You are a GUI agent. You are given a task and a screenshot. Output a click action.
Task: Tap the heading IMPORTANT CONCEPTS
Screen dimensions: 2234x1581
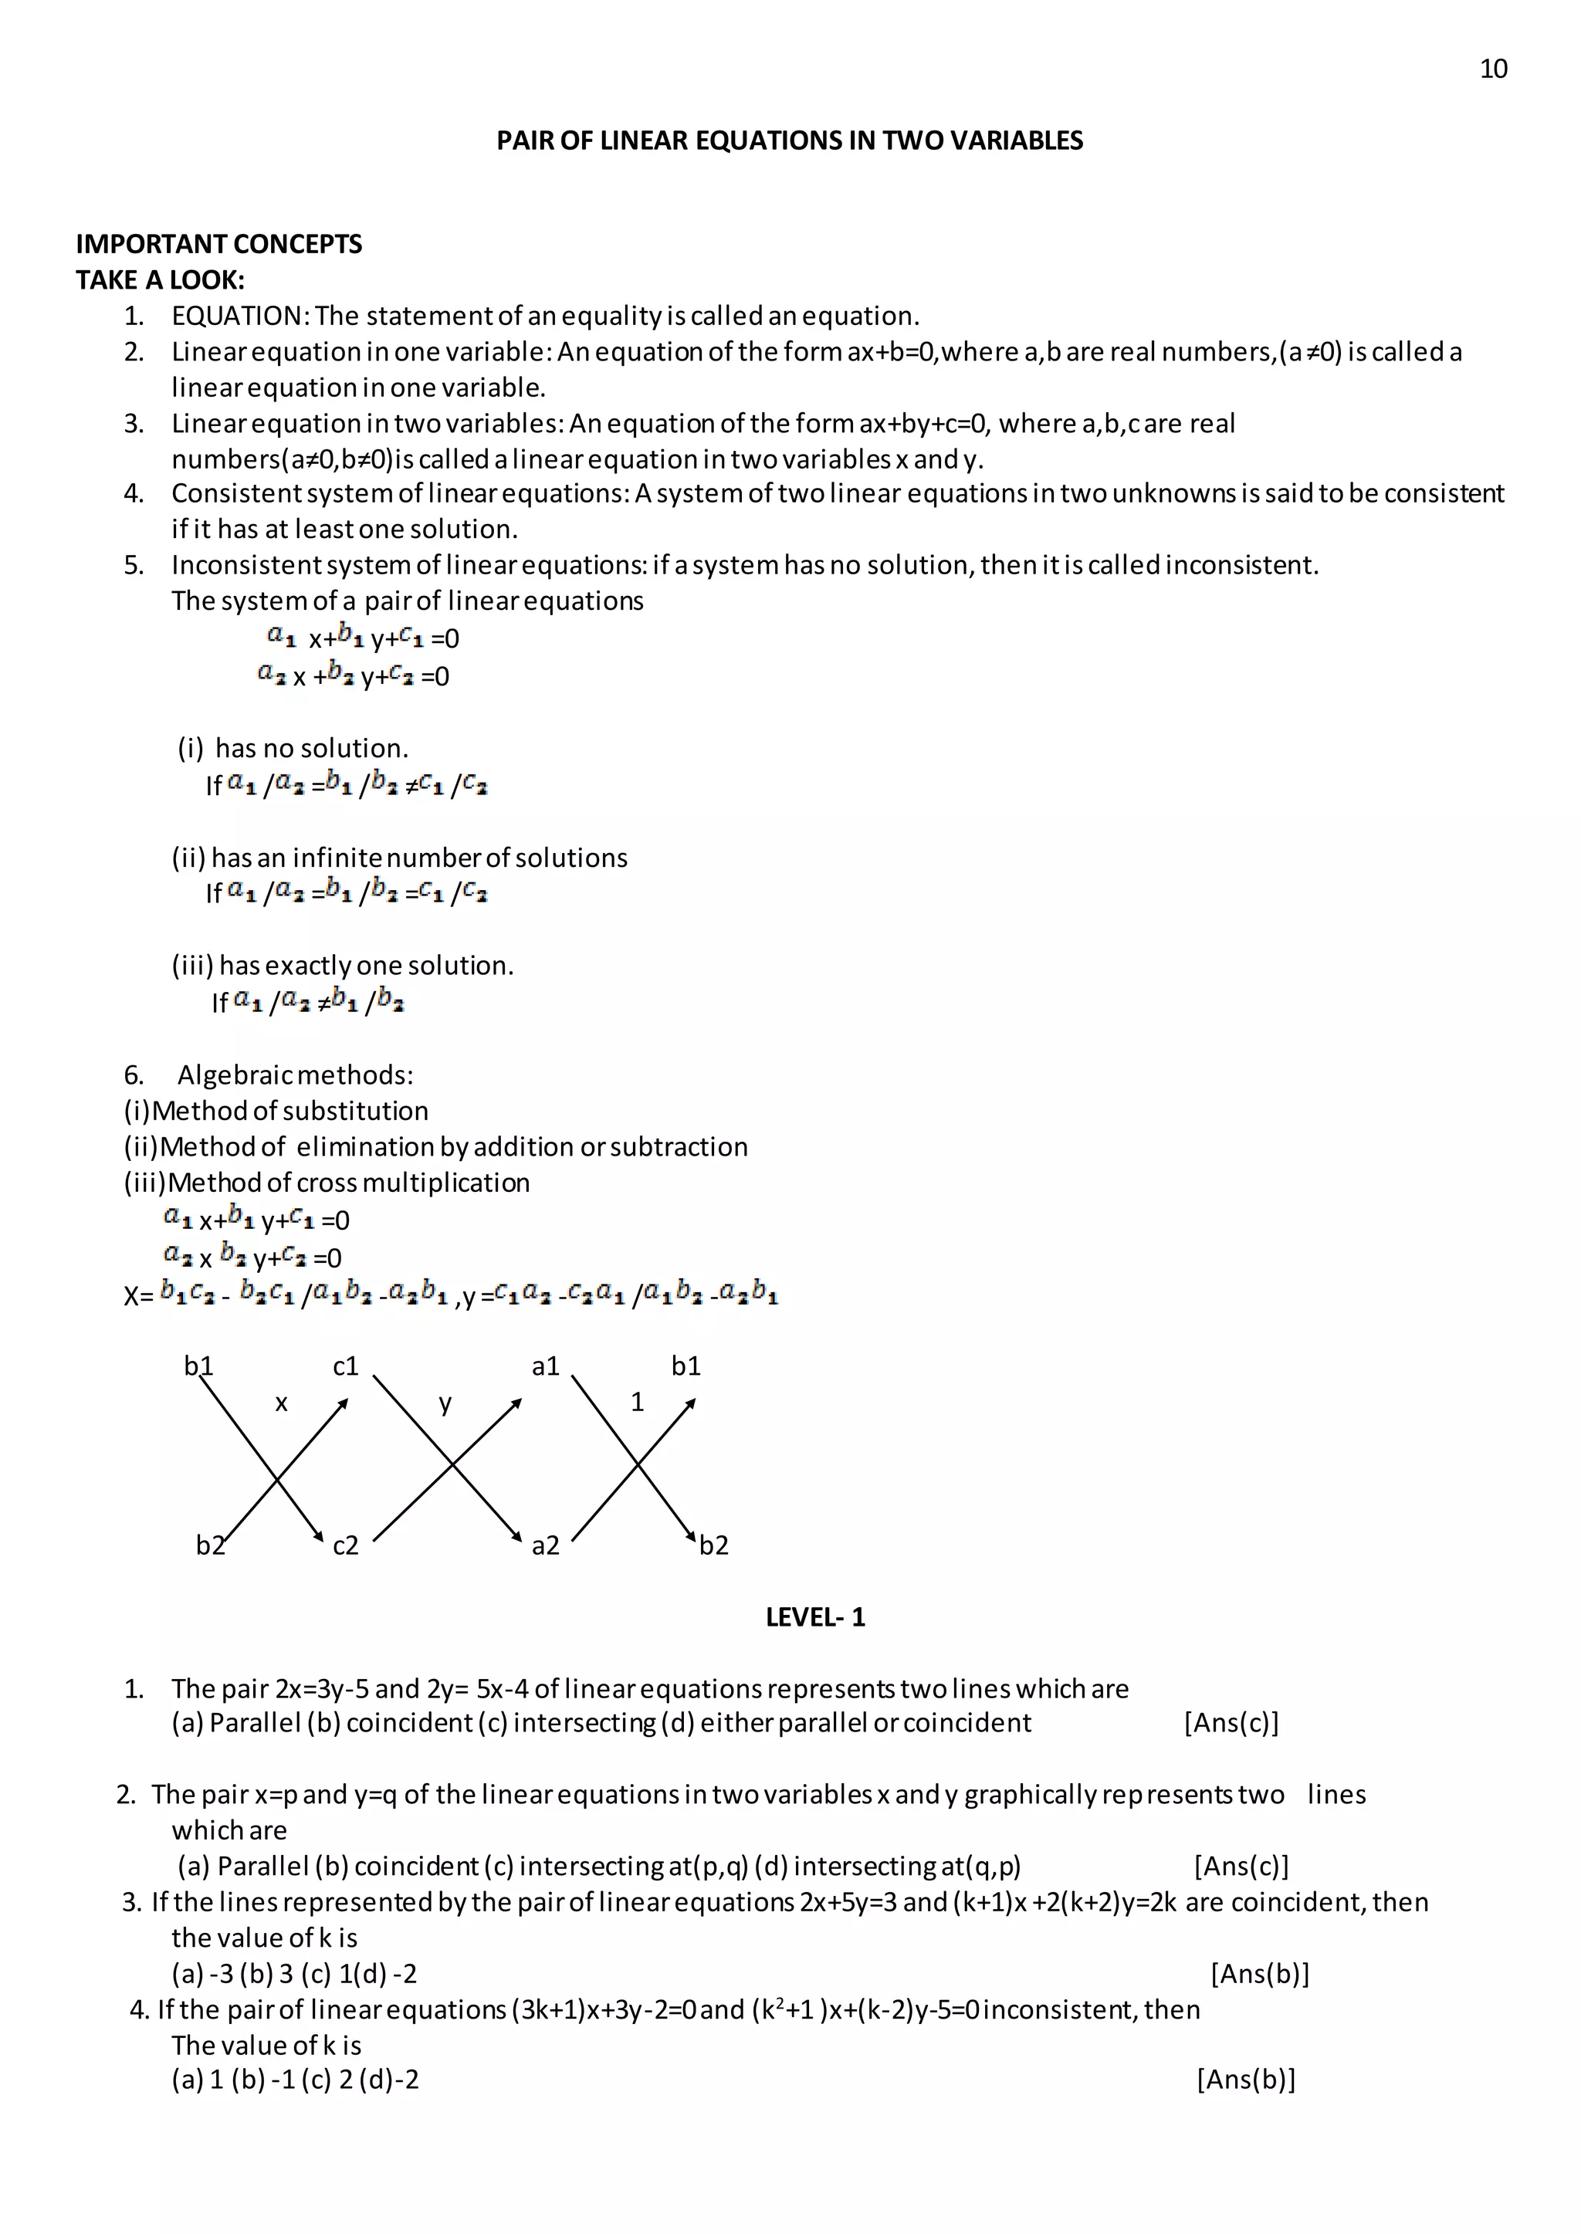coord(219,245)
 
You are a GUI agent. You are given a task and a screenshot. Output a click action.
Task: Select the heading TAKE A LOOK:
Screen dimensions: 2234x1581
coord(161,280)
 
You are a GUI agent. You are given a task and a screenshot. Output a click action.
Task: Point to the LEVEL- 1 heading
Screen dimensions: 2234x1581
coord(815,1617)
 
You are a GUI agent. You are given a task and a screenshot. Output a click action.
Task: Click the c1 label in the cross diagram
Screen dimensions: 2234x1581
coord(346,1366)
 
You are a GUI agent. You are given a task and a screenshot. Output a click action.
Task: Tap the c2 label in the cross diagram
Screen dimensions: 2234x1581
coord(346,1545)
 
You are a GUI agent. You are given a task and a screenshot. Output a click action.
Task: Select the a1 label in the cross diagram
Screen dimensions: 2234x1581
coord(545,1366)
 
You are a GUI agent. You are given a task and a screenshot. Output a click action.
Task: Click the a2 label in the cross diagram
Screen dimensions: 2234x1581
coord(545,1545)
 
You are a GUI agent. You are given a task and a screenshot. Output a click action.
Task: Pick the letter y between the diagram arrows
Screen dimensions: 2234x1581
coord(445,1403)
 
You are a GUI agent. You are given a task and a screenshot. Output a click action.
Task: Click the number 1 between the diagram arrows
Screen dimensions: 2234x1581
coord(637,1402)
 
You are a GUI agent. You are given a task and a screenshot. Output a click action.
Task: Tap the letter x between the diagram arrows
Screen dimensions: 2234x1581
coord(281,1403)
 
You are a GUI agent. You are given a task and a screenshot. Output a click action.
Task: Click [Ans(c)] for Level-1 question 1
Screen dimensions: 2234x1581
coord(1231,1723)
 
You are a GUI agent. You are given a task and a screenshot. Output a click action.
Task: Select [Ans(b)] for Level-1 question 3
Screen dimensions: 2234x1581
coord(1260,1973)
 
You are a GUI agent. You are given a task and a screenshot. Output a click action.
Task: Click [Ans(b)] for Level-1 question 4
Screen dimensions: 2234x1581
coord(1245,2080)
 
